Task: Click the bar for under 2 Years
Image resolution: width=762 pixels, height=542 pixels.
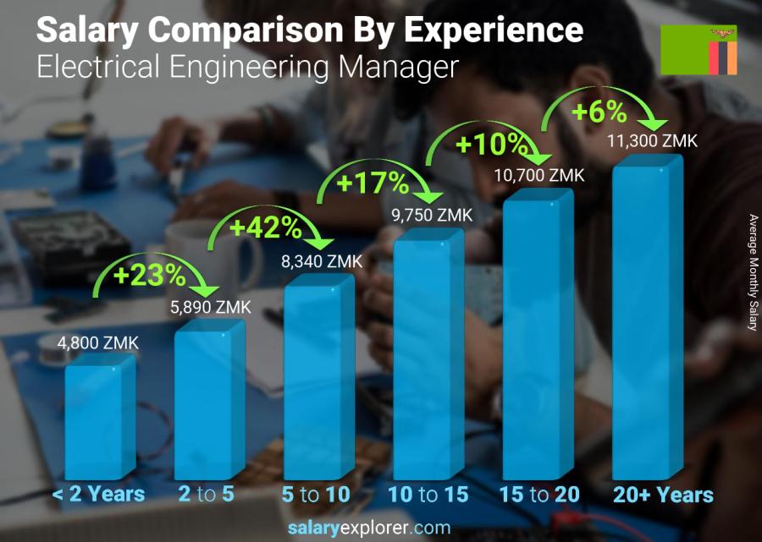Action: (x=100, y=419)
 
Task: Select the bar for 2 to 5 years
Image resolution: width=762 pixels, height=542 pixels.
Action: (x=209, y=402)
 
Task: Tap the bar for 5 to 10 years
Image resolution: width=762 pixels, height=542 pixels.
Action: (x=318, y=380)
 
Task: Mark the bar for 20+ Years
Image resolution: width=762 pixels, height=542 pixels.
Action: (x=648, y=321)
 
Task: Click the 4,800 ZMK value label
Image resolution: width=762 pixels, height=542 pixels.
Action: (x=97, y=343)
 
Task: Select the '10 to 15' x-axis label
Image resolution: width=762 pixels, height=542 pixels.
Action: (x=428, y=495)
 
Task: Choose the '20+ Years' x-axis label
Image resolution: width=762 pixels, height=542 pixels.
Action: (x=663, y=495)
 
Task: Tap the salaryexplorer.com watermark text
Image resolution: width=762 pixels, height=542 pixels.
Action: (x=381, y=528)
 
